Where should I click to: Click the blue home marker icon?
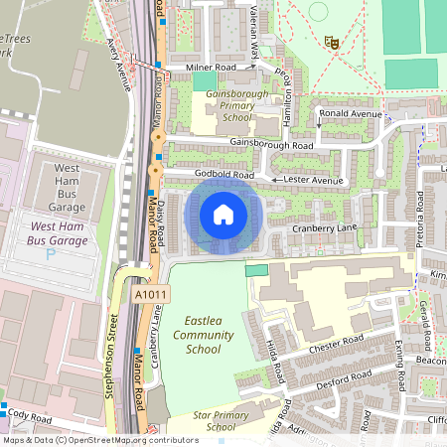tap(223, 214)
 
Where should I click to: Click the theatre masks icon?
tap(332, 42)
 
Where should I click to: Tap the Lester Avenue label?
tap(313, 180)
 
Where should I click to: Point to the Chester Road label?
tap(336, 344)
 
